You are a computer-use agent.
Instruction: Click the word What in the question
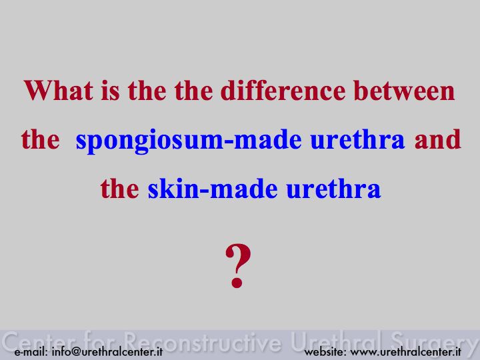coord(59,90)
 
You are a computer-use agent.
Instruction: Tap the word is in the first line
coord(110,90)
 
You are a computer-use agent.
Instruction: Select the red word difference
coord(283,90)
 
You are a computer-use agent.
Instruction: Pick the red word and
coord(438,139)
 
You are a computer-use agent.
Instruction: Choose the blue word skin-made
coord(213,189)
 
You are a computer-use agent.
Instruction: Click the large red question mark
coord(238,266)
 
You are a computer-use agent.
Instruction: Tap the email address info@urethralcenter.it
coord(107,351)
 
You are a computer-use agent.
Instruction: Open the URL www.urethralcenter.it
coord(405,351)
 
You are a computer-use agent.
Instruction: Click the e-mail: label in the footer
coord(31,352)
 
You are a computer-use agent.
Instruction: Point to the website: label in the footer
coord(325,351)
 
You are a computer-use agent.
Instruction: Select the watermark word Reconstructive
coord(203,341)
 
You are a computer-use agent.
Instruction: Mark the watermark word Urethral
coord(336,341)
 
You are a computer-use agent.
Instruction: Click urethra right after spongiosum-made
coord(357,139)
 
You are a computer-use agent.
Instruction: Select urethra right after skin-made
coord(334,189)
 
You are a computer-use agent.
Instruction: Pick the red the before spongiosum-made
coord(41,139)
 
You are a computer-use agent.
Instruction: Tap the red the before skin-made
coord(120,189)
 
